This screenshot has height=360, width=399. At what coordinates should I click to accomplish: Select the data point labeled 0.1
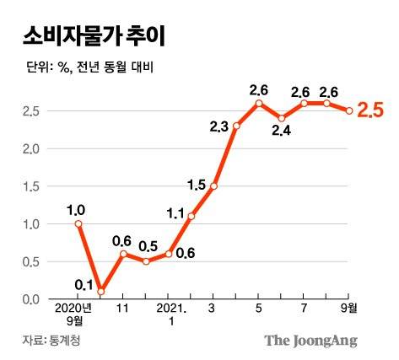click(101, 292)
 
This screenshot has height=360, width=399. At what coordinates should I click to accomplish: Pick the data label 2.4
click(282, 131)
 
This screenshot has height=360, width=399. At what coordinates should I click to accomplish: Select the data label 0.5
click(147, 247)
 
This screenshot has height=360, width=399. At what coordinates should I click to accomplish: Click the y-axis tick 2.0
click(32, 148)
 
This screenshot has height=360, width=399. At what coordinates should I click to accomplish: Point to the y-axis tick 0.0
click(32, 299)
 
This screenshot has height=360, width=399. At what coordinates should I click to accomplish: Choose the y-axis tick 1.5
click(32, 186)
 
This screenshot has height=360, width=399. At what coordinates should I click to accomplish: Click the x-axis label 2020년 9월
click(76, 314)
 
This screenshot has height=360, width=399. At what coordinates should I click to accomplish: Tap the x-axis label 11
click(123, 309)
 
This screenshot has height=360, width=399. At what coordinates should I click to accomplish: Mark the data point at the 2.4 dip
click(282, 118)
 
